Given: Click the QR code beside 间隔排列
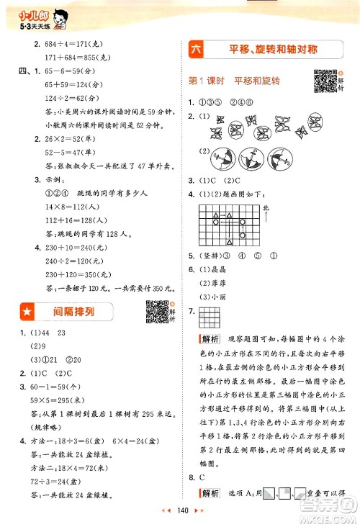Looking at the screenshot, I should (156, 311).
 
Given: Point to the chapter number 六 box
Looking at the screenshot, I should (196, 50).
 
